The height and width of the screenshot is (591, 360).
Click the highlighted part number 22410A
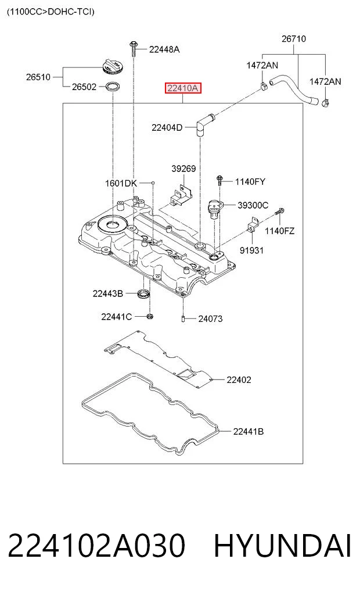[183, 88]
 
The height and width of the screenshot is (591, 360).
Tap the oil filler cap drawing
[112, 67]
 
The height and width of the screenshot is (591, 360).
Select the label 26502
[84, 87]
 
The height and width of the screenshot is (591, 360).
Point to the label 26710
[294, 38]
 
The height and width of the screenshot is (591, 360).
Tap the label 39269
[183, 169]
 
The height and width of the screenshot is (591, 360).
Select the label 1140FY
[250, 182]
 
